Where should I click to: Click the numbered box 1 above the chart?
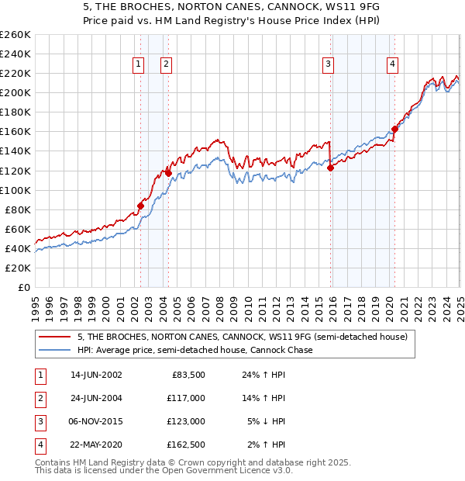138,64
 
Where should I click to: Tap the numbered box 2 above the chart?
166,64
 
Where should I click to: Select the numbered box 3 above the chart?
329,64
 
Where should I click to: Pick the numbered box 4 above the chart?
393,64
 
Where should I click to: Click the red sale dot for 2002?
140,206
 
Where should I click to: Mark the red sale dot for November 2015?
331,167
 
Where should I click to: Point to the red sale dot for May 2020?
394,129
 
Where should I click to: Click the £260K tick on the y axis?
15,35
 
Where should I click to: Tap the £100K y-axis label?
15,190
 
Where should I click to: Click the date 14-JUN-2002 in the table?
96,375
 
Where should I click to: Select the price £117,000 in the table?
185,398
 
